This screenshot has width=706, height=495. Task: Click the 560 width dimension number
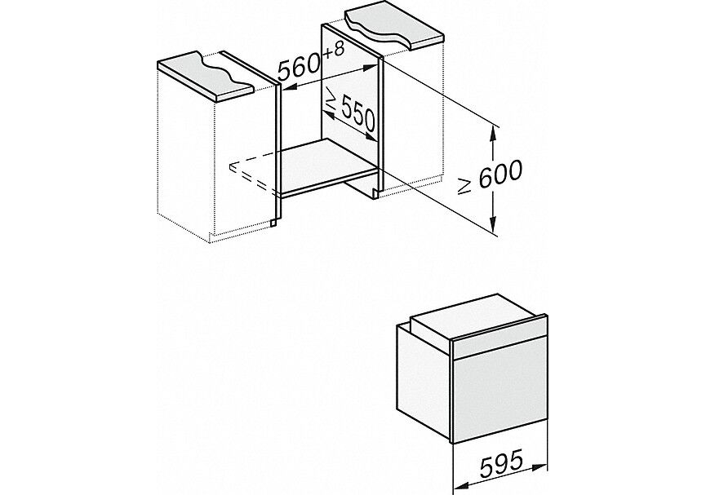(x=299, y=67)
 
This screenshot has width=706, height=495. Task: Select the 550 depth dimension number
(x=358, y=117)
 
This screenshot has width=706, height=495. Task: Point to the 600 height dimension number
(x=500, y=174)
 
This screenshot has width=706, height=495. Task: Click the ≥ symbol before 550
(x=332, y=100)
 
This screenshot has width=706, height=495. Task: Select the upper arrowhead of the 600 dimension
(x=494, y=133)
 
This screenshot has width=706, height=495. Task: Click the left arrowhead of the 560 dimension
(x=288, y=87)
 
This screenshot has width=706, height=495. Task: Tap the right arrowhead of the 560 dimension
(x=371, y=67)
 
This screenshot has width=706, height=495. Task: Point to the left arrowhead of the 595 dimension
(x=459, y=486)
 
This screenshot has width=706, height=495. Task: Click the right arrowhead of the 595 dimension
(x=541, y=466)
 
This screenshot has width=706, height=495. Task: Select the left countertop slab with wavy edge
(x=206, y=74)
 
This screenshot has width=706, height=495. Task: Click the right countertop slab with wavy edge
(x=395, y=29)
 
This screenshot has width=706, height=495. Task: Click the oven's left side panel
(x=424, y=382)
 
